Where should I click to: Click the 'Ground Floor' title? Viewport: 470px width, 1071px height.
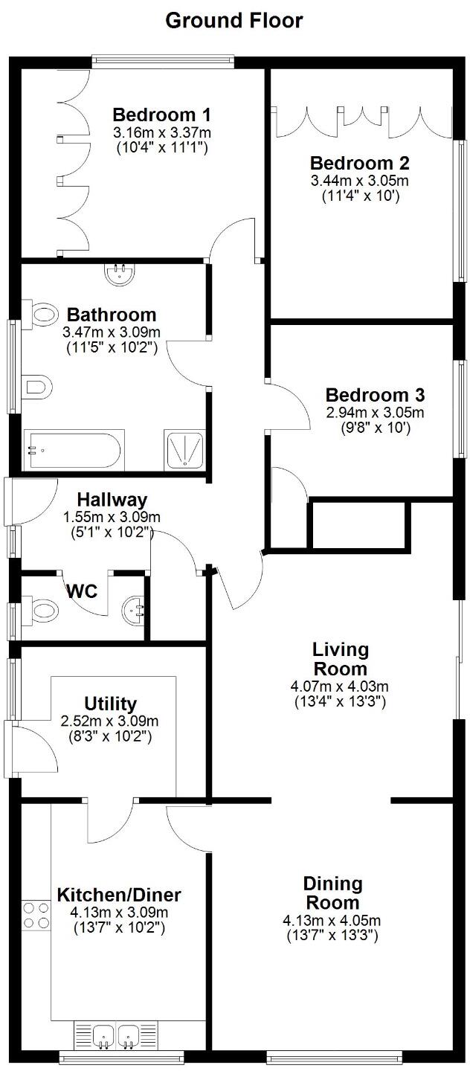(234, 20)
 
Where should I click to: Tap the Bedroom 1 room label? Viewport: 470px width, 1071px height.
(161, 115)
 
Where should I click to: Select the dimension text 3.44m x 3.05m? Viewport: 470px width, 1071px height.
(359, 181)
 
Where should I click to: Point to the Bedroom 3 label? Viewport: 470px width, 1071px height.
(375, 395)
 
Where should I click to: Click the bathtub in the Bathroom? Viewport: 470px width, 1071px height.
(71, 450)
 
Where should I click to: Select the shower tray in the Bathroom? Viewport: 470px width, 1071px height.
(184, 450)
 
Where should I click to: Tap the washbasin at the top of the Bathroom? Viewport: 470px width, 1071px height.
(120, 275)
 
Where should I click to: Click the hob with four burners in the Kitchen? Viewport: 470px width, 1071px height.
(36, 915)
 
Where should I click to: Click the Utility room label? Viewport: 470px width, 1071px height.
(110, 704)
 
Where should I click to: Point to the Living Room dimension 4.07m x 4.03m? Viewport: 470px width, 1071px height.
(340, 686)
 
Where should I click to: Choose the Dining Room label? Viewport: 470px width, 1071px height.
(332, 893)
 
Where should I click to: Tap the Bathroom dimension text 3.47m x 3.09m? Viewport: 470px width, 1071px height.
(112, 332)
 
